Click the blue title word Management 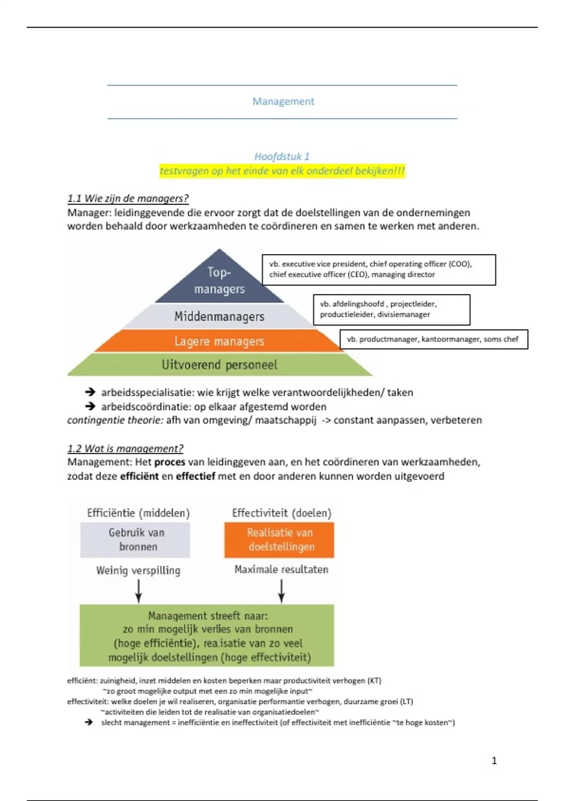pos(283,101)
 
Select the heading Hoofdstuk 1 pos(282,156)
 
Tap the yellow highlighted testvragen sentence pos(282,171)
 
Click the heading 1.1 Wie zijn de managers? pos(128,198)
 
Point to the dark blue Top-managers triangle pos(219,280)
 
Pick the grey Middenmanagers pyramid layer pos(219,316)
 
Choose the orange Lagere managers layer pos(219,341)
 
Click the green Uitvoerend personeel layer pos(219,365)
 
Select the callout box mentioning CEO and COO pos(379,270)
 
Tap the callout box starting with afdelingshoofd pos(391,310)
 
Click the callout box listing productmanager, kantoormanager pos(433,339)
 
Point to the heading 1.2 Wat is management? pos(125,448)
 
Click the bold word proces pos(169,462)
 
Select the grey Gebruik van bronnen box pos(135,540)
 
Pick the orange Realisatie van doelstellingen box pos(279,540)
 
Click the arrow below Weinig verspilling pos(138,591)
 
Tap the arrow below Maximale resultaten pos(281,591)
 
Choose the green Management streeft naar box pos(207,636)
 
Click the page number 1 pos(494,760)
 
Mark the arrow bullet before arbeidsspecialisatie pos(90,392)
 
